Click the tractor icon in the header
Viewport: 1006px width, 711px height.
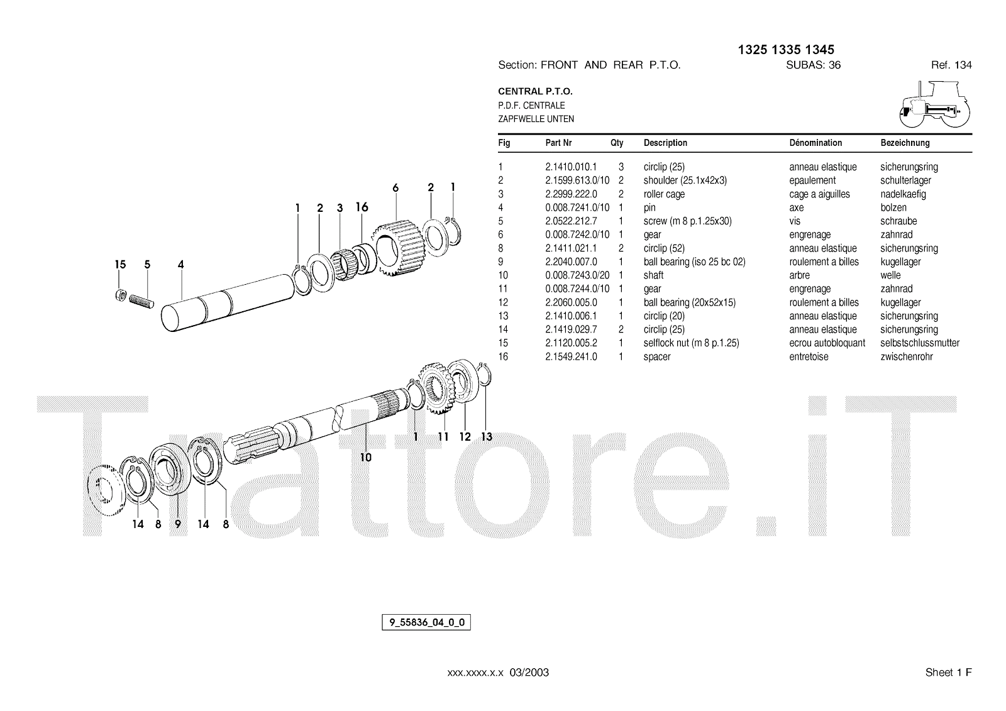pyautogui.click(x=934, y=104)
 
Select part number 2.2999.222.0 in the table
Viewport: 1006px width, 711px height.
pyautogui.click(x=572, y=194)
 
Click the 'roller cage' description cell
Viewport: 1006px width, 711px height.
pyautogui.click(x=664, y=194)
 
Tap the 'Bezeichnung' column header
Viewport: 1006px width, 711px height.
pyautogui.click(x=905, y=143)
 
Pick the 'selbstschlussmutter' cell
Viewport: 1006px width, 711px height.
pyautogui.click(x=920, y=343)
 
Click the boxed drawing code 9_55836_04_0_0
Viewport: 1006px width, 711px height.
pyautogui.click(x=426, y=622)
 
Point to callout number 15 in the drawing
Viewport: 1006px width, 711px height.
pyautogui.click(x=120, y=264)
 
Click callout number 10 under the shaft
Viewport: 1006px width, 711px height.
pyautogui.click(x=365, y=457)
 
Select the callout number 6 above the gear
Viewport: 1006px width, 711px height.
pyautogui.click(x=395, y=188)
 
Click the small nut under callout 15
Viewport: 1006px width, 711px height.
pyautogui.click(x=120, y=295)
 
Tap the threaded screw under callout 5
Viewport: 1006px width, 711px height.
pyautogui.click(x=141, y=301)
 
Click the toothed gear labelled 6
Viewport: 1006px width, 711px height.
pyautogui.click(x=398, y=248)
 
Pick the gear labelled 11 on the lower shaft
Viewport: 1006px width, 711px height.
pyautogui.click(x=438, y=388)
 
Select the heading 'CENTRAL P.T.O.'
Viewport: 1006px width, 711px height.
pyautogui.click(x=535, y=91)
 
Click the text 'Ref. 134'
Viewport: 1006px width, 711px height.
pyautogui.click(x=951, y=65)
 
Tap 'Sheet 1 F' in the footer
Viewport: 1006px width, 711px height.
pyautogui.click(x=949, y=673)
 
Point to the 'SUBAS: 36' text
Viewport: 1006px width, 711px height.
pyautogui.click(x=814, y=65)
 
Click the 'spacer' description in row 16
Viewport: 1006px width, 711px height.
pyautogui.click(x=657, y=356)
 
